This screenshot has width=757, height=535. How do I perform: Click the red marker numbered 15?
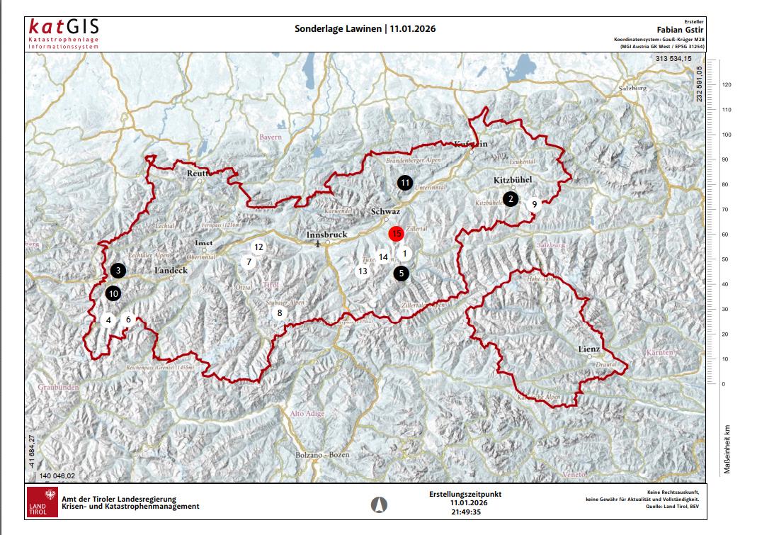[397, 233]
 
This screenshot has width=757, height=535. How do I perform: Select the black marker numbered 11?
[404, 183]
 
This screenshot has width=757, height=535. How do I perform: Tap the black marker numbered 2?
[510, 199]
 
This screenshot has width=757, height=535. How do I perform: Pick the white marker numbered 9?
[534, 204]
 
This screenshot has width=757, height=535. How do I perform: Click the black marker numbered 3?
[118, 270]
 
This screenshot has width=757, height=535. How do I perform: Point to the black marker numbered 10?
[113, 293]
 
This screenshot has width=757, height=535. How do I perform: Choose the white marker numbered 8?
[280, 312]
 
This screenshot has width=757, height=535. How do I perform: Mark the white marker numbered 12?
[258, 247]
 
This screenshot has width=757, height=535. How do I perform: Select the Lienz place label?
[588, 349]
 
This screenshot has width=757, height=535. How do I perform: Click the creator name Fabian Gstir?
[680, 31]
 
